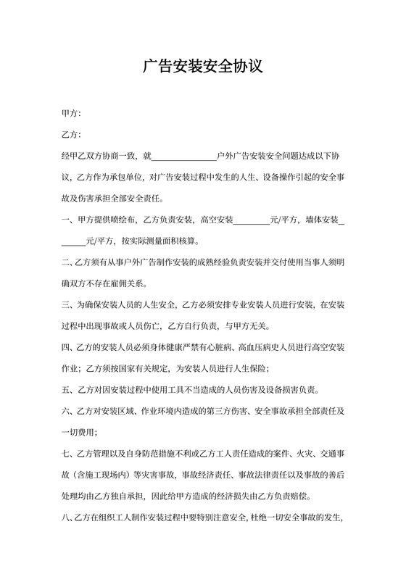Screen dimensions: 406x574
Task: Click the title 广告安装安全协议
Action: point(202,67)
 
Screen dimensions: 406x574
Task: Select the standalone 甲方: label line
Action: point(71,114)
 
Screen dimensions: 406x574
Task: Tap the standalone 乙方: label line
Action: point(71,135)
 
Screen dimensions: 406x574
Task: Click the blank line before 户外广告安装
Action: point(184,156)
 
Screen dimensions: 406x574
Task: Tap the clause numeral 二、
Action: point(67,261)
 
